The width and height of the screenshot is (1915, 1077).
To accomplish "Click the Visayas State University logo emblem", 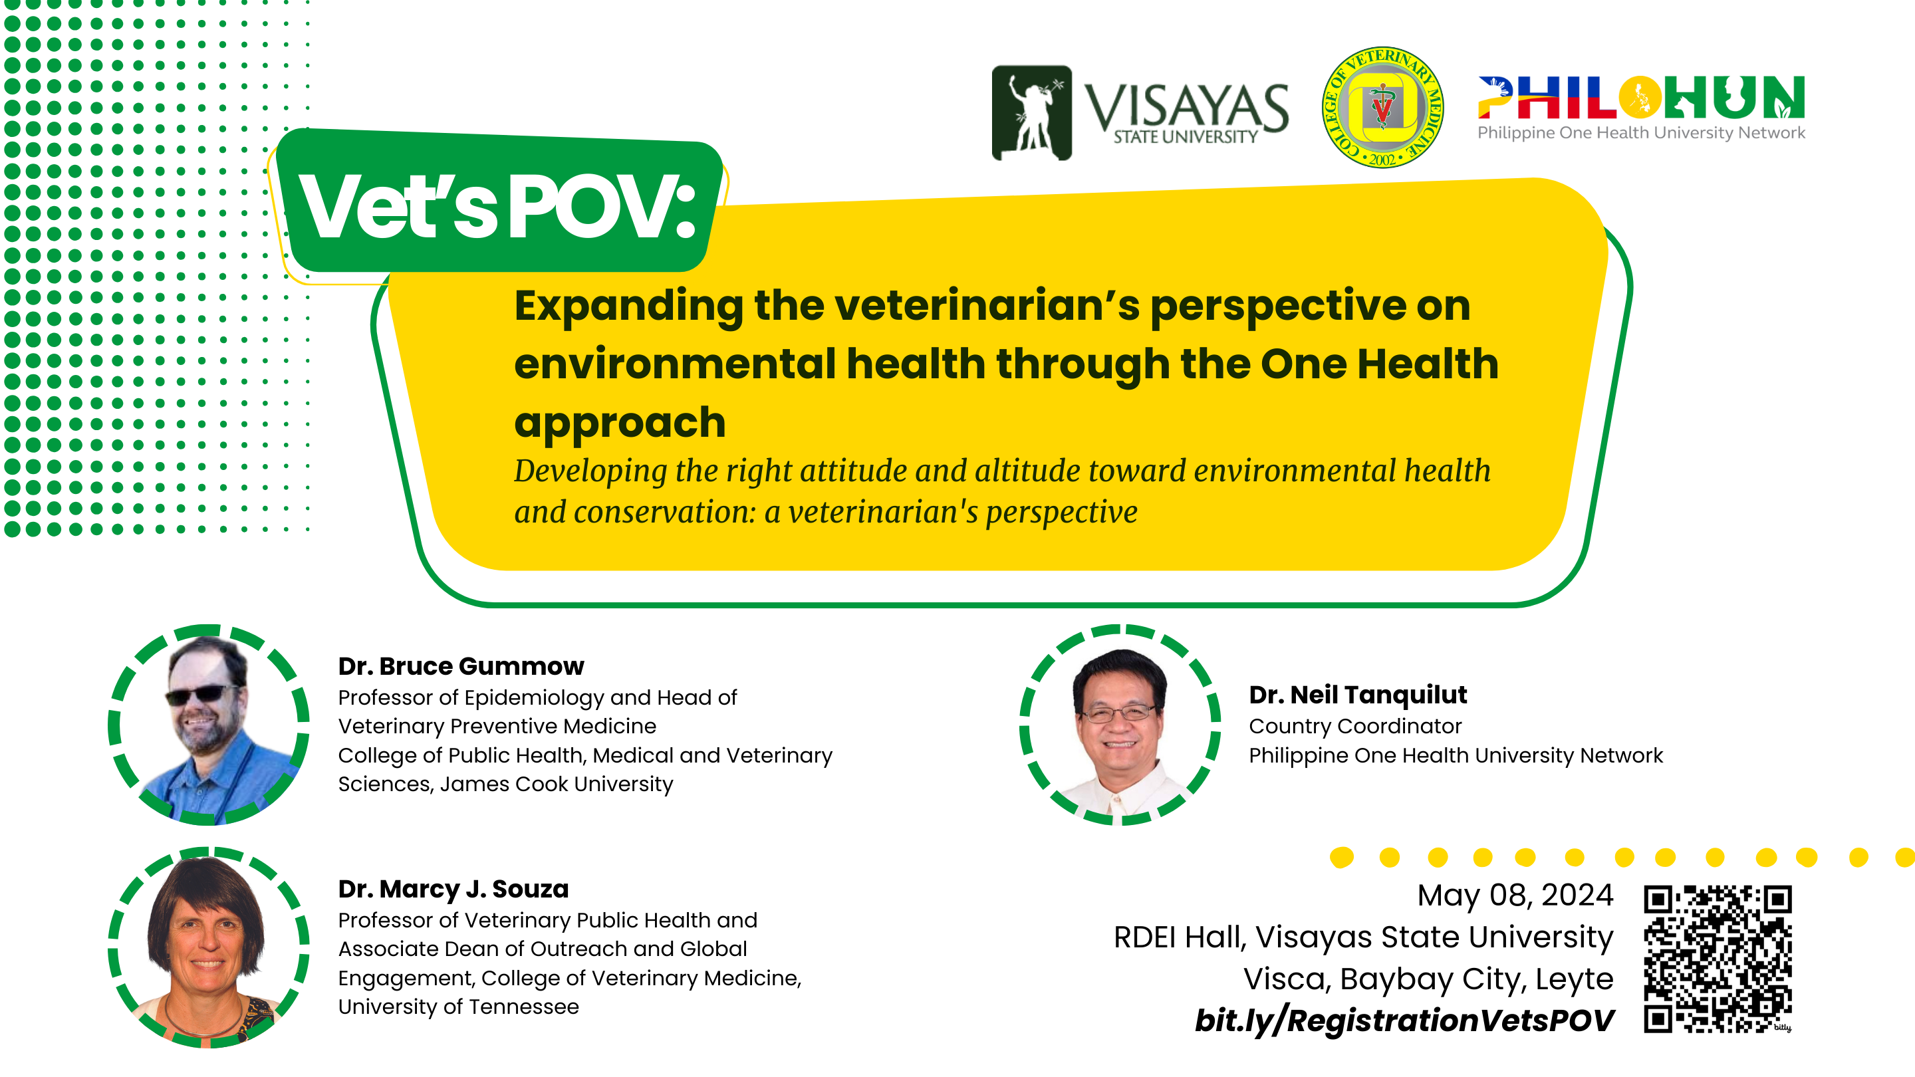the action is (1032, 113).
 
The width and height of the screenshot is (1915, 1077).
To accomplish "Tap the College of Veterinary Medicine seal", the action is (1383, 107).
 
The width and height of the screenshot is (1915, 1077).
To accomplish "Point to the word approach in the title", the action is (620, 423).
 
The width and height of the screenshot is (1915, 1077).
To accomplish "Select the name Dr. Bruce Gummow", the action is (461, 666).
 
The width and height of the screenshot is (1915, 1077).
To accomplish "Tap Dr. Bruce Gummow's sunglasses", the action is (202, 695).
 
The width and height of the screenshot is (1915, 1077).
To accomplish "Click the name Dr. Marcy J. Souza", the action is (453, 889).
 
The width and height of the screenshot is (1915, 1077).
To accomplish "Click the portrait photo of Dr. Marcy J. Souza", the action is (208, 947).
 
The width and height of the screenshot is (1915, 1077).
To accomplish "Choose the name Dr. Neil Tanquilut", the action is (1357, 695).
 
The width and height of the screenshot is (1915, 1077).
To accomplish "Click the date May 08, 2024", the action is (1515, 895).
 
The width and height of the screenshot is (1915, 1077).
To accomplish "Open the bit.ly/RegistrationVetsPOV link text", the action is (1404, 1020).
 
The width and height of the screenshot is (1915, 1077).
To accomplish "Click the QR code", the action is (1718, 959).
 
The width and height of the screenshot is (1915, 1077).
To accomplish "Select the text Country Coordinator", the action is (1355, 726).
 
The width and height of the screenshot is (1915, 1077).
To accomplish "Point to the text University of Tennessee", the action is (459, 1007).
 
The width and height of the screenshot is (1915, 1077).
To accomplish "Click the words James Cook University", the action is (557, 784).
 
